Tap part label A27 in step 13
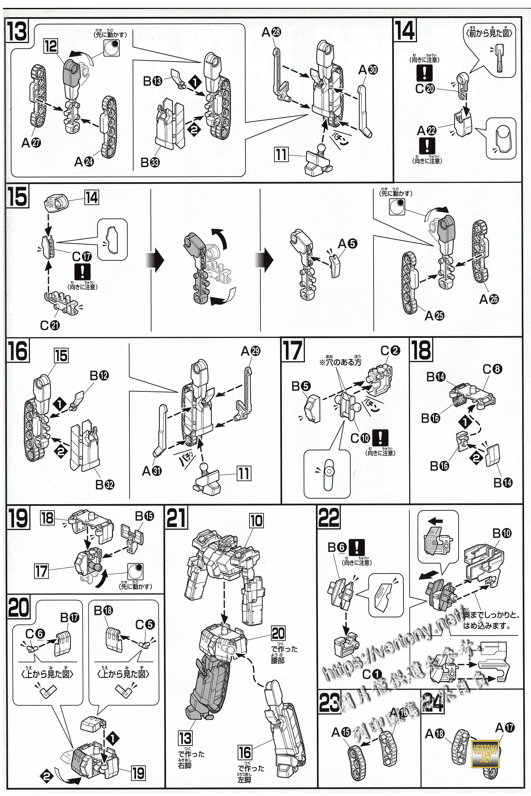point(31,143)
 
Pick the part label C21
point(50,325)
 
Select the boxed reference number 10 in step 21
point(256,521)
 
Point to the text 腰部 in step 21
point(277,659)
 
